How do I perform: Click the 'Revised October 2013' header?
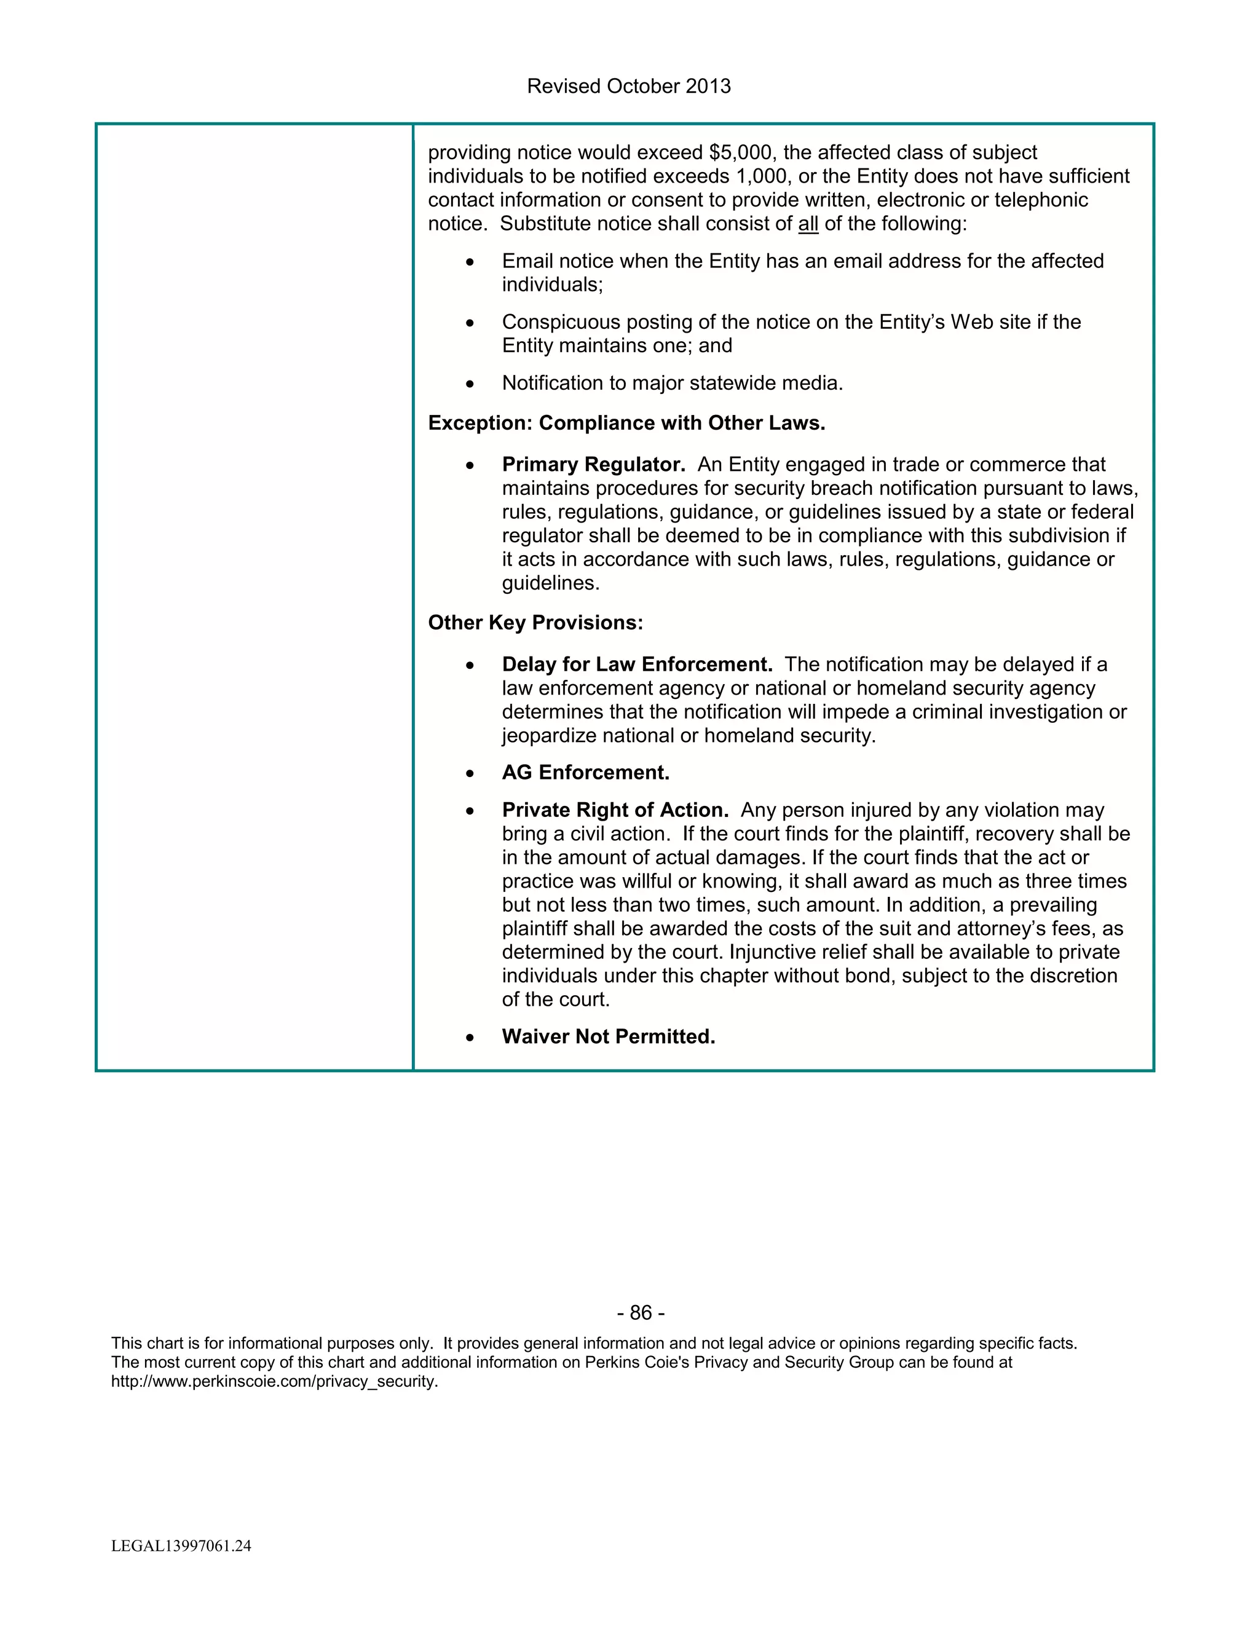(x=628, y=87)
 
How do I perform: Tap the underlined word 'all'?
(x=808, y=224)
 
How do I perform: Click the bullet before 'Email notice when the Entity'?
(x=469, y=262)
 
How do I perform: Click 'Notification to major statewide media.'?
(x=672, y=384)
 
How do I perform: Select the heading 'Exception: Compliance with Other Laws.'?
(x=626, y=424)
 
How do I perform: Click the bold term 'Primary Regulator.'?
(x=593, y=465)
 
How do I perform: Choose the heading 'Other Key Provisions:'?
(x=535, y=623)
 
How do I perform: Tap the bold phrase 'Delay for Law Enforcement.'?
(x=637, y=665)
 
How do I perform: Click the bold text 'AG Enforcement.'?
(x=585, y=773)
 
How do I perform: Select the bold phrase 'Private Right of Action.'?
(x=615, y=811)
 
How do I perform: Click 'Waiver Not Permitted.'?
(x=608, y=1037)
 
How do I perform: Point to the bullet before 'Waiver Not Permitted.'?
(x=469, y=1038)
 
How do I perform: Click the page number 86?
(x=641, y=1313)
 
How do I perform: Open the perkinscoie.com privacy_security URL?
(x=274, y=1381)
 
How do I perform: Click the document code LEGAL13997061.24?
(x=181, y=1546)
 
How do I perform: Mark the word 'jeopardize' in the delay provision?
(x=549, y=736)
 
